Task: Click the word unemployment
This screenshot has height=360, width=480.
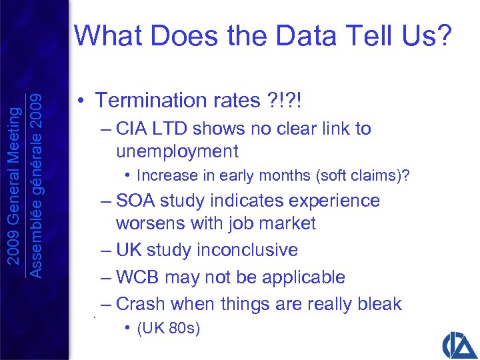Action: tap(177, 151)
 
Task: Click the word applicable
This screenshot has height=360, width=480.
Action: tap(304, 277)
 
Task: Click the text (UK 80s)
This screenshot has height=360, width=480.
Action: tap(168, 329)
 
